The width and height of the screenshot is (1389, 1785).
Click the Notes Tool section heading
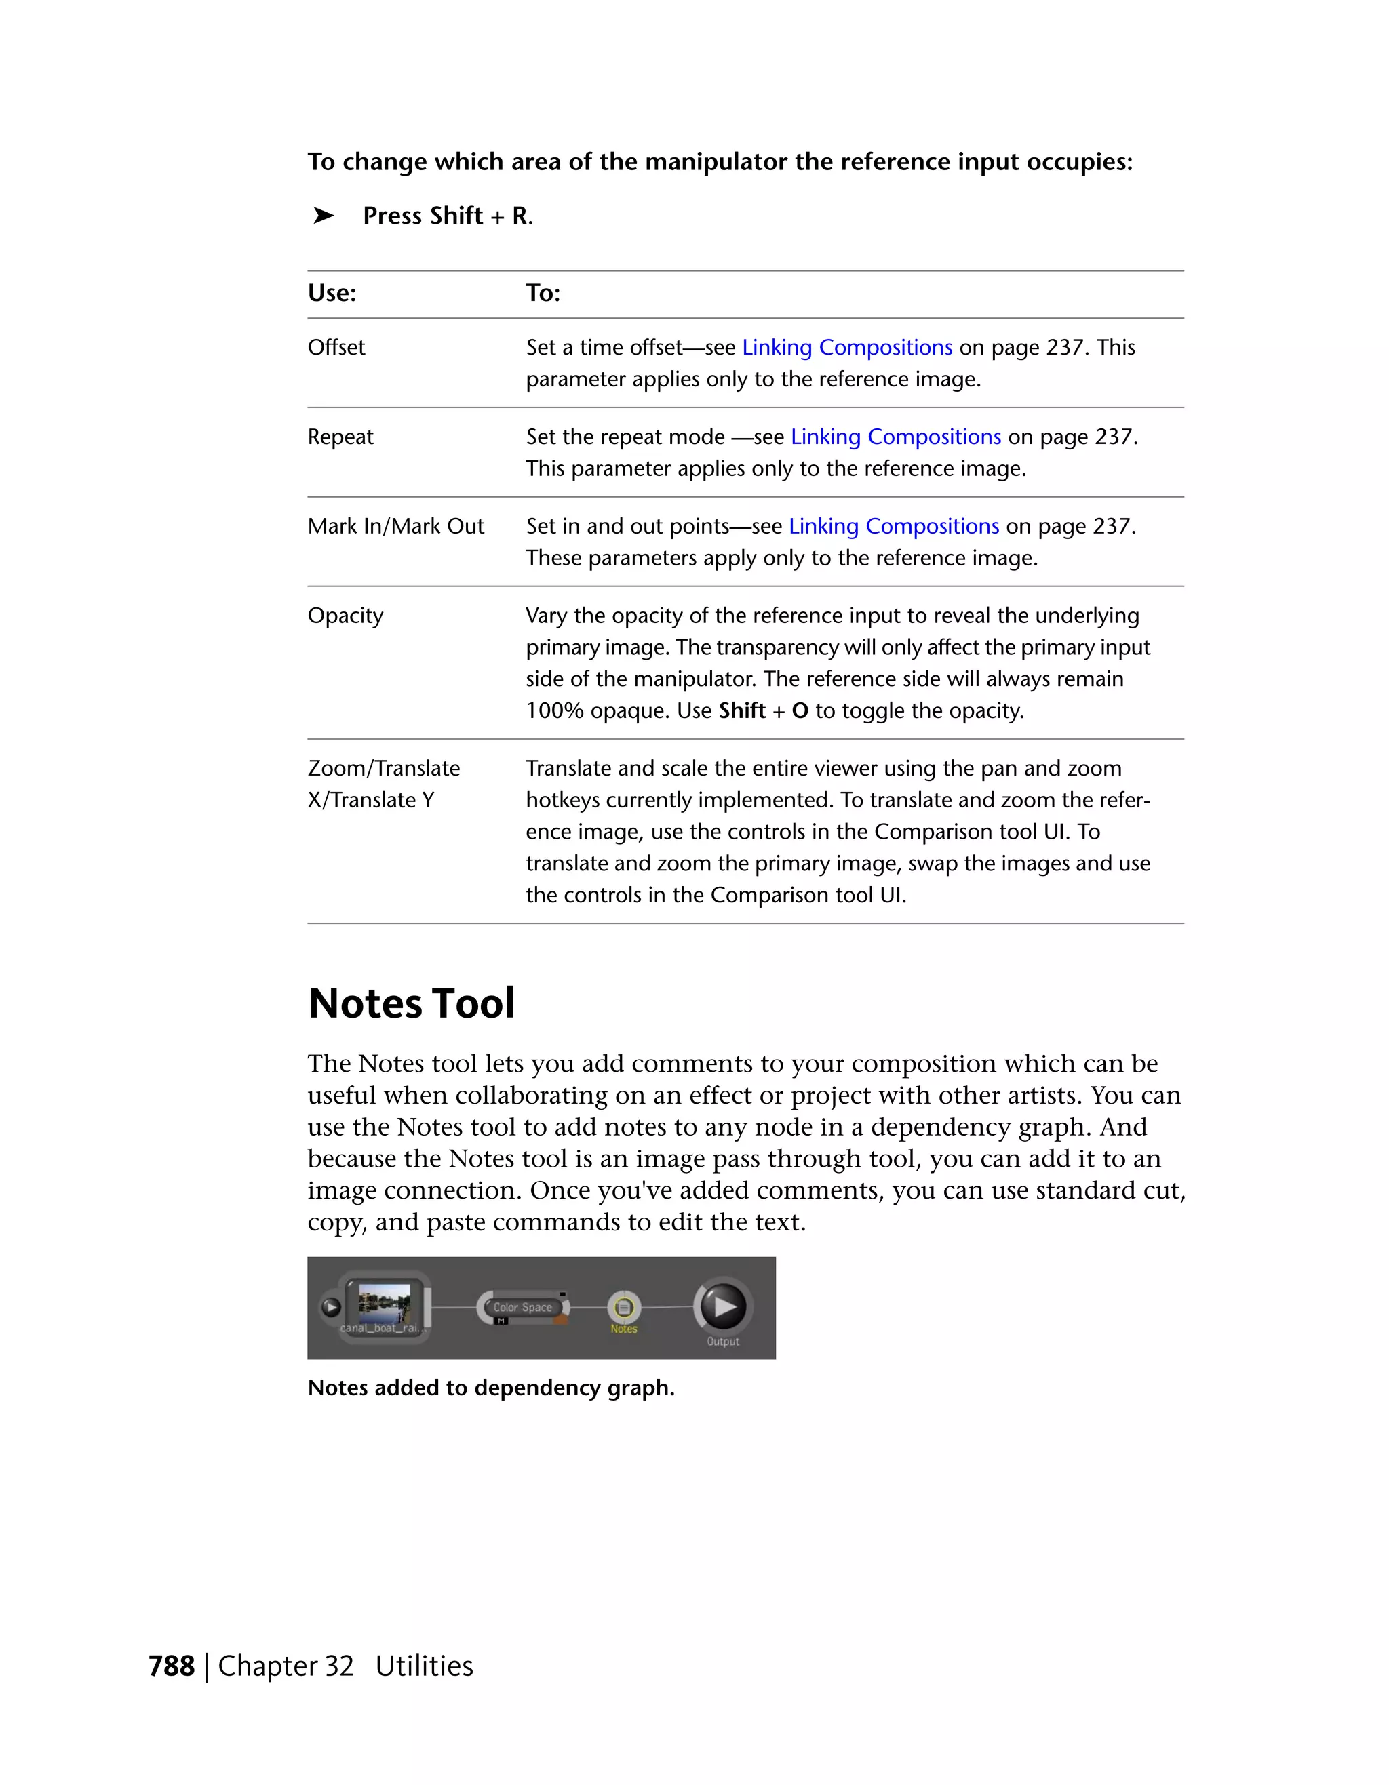(411, 1003)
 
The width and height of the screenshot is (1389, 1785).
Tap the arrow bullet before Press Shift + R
(324, 216)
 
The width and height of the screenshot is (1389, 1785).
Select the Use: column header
(332, 293)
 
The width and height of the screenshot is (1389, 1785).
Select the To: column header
(543, 293)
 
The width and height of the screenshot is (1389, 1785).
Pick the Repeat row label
(340, 437)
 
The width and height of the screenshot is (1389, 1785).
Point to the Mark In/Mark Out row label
(395, 525)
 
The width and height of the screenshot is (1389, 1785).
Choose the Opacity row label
(345, 616)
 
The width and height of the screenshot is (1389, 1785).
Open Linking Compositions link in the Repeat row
(895, 437)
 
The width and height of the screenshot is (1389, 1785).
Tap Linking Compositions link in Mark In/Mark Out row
(894, 525)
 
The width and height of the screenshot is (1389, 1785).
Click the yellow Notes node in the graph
(624, 1308)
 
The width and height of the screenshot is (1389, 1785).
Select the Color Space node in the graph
(522, 1308)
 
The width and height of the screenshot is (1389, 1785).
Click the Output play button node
(724, 1306)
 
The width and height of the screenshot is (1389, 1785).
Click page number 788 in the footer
(172, 1666)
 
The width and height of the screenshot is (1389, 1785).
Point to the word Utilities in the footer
(425, 1666)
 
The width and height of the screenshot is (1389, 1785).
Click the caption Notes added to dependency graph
(490, 1388)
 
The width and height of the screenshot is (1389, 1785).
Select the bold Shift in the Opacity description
(741, 710)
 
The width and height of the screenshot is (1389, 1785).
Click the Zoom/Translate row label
(383, 768)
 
